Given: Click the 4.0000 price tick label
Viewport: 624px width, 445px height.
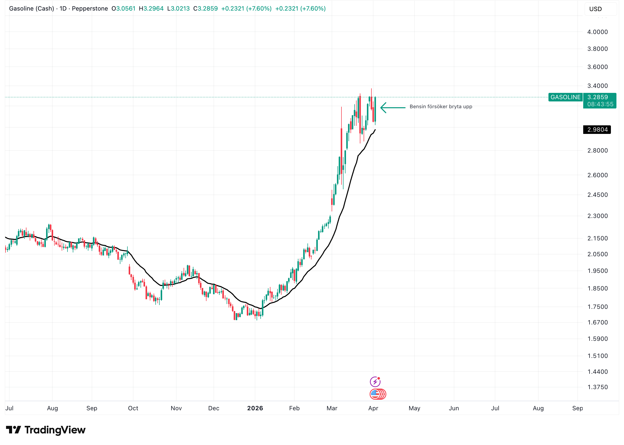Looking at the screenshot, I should click(597, 32).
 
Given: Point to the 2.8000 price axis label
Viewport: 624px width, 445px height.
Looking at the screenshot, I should click(597, 151).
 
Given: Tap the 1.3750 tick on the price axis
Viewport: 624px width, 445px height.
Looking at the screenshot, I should click(597, 387).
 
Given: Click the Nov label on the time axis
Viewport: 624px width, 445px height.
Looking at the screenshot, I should click(176, 408).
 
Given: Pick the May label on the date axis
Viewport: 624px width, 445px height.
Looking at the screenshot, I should click(414, 408).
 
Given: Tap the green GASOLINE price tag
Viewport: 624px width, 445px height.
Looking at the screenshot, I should click(565, 97).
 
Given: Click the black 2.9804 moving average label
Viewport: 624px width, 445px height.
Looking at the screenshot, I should click(597, 130).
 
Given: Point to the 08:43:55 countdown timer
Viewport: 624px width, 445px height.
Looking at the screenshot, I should click(600, 104).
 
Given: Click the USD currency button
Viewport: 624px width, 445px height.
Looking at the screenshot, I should click(596, 9).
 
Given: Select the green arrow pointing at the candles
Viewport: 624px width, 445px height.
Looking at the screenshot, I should click(393, 108).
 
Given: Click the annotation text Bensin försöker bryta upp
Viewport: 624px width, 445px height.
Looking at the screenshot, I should click(441, 106).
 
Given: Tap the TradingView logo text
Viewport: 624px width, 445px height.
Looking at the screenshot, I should click(55, 430).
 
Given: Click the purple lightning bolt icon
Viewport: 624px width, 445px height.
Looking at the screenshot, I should click(375, 381).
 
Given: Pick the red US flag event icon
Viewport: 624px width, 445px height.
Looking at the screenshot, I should click(375, 394).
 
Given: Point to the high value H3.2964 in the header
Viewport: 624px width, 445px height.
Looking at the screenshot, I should click(151, 9).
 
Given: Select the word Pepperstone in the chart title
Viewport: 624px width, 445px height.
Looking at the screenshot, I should click(90, 9).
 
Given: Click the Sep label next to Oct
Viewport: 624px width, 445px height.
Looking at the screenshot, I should click(92, 408).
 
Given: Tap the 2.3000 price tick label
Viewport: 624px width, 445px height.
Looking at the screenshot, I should click(597, 216).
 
